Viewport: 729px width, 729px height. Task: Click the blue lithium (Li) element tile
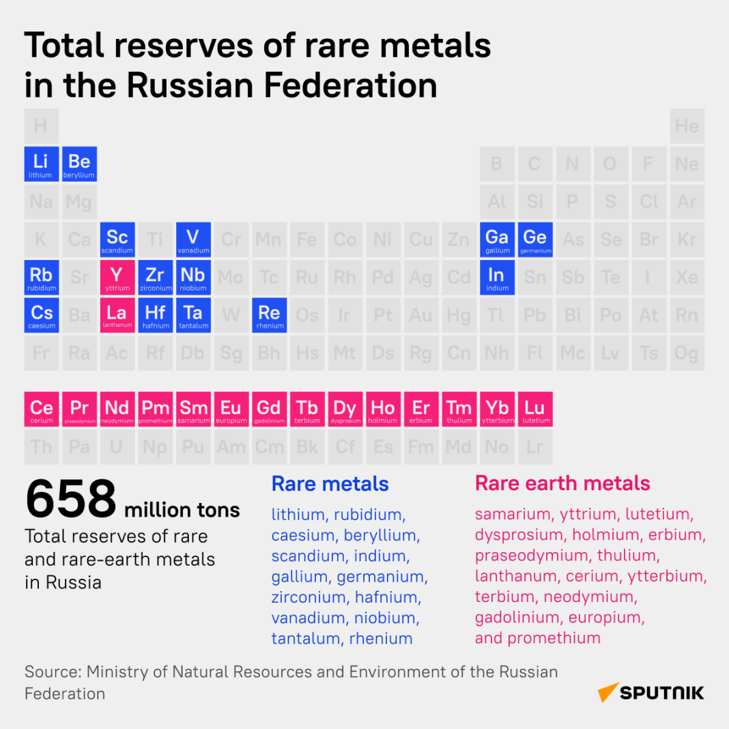click(41, 164)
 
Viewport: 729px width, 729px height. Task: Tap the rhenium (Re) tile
click(269, 315)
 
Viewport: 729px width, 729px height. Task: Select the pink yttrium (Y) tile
click(117, 277)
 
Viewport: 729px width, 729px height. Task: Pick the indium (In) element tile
click(497, 277)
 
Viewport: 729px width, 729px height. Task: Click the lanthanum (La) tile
click(117, 315)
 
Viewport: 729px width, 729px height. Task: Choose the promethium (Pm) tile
click(155, 410)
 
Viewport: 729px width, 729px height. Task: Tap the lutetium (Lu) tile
click(535, 410)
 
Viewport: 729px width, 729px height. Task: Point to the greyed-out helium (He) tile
click(687, 126)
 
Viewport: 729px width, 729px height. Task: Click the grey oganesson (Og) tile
click(687, 353)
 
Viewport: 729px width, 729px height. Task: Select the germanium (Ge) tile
click(535, 240)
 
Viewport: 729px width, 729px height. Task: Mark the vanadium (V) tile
click(193, 240)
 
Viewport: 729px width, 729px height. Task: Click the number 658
click(71, 500)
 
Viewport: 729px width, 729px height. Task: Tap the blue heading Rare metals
click(330, 484)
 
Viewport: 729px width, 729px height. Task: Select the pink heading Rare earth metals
click(562, 483)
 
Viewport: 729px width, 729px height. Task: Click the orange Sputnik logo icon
click(608, 692)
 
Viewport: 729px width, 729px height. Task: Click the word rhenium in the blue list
click(381, 639)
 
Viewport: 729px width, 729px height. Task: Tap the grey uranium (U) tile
click(117, 448)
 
